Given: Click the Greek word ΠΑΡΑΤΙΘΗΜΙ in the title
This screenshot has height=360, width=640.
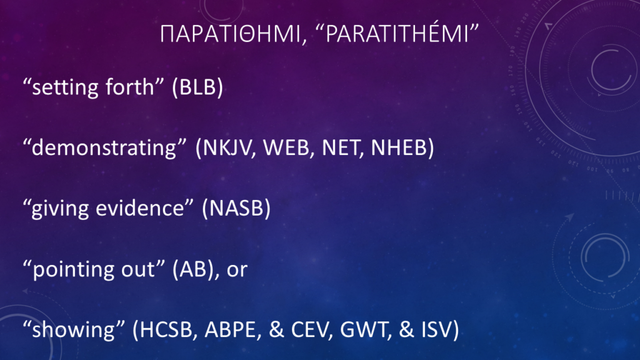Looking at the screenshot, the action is click(x=230, y=34).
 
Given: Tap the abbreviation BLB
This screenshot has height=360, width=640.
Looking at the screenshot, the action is click(x=197, y=87).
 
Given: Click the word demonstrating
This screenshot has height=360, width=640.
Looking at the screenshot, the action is click(x=105, y=147).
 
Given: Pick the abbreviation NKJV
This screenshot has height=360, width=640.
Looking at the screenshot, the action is click(x=227, y=147).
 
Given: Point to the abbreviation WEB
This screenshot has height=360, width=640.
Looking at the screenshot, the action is click(x=286, y=147).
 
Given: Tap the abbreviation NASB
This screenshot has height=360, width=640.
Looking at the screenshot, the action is click(x=236, y=207).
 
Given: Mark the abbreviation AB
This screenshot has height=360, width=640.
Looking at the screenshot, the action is click(x=193, y=269).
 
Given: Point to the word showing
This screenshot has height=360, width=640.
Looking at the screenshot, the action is click(x=74, y=330).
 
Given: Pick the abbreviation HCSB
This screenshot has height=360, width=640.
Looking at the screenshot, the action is click(x=166, y=329).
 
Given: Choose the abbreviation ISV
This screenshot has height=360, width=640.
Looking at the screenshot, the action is click(x=436, y=329).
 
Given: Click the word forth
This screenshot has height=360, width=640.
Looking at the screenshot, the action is click(x=129, y=87).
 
